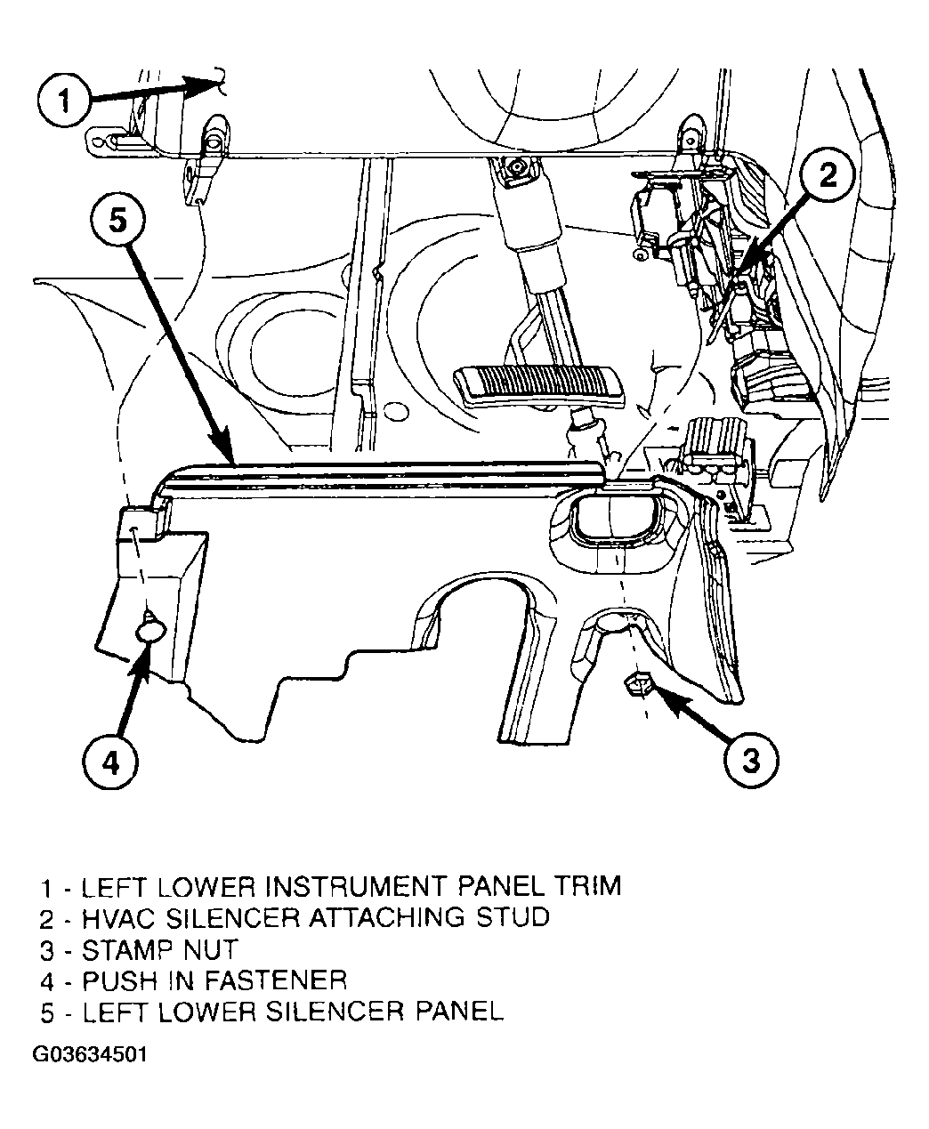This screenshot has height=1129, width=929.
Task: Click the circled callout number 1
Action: (x=64, y=101)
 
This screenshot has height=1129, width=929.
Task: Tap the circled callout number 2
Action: (x=827, y=175)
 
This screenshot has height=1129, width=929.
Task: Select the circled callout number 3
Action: (x=751, y=760)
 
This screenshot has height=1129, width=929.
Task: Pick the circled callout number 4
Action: (x=110, y=762)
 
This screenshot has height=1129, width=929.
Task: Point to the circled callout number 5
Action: (x=117, y=221)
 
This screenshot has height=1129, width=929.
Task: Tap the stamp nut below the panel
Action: (x=636, y=683)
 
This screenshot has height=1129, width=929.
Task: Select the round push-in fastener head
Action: (x=149, y=633)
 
